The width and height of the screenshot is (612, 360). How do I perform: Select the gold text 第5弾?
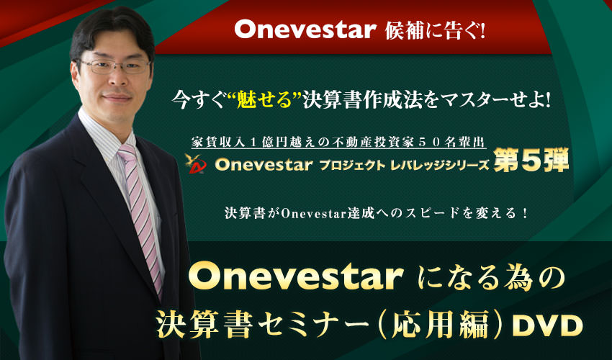531,160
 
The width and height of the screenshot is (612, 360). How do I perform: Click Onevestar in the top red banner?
305,30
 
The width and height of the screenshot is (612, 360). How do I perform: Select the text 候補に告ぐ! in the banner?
435,30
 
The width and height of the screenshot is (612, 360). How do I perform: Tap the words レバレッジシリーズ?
439,165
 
